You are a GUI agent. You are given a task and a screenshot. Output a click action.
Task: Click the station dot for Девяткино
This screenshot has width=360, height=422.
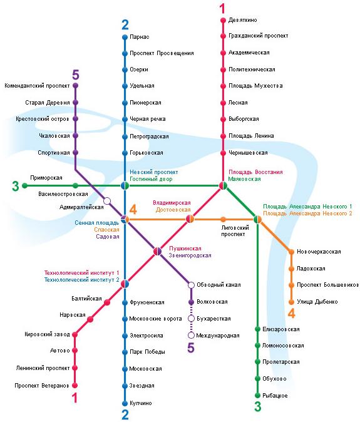tap(223, 20)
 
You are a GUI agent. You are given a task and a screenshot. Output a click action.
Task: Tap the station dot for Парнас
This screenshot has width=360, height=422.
tap(125, 37)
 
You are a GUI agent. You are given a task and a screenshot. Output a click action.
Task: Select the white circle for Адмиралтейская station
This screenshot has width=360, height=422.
tap(107, 201)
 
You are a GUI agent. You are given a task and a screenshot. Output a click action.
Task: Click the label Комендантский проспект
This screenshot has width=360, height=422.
tap(37, 86)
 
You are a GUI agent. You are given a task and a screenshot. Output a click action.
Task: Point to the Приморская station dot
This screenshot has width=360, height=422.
tap(25, 185)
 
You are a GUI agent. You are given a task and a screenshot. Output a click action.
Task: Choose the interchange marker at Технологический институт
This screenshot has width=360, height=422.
tap(125, 284)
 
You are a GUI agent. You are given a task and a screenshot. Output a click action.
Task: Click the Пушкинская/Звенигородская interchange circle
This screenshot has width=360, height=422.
tap(157, 251)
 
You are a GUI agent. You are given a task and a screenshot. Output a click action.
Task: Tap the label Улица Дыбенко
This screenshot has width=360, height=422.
tap(317, 302)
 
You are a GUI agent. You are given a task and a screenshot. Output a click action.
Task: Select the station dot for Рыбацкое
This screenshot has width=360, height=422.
tap(257, 395)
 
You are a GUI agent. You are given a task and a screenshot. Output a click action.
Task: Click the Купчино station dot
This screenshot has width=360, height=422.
tap(125, 403)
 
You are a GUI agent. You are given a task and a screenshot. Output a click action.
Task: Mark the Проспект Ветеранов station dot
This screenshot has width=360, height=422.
tap(75, 386)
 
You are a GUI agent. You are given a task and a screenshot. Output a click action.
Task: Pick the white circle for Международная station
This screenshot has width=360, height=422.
tap(191, 336)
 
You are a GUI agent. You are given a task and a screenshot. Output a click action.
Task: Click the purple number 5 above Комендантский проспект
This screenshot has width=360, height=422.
tap(76, 75)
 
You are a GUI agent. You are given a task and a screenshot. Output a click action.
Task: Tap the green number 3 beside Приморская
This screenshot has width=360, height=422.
tap(15, 186)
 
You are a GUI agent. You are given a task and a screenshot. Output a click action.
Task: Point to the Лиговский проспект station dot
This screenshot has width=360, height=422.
tap(223, 220)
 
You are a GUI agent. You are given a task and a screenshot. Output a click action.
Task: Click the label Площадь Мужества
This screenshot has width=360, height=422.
tap(255, 86)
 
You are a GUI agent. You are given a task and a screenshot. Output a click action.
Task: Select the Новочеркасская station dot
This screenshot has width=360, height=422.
tap(291, 252)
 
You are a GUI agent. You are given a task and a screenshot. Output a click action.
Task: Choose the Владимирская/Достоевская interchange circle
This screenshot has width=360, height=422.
tap(190, 219)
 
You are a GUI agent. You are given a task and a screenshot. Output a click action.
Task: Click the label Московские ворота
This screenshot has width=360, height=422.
tap(155, 319)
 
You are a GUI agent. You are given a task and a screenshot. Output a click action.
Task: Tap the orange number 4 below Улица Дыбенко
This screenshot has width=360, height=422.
tap(292, 313)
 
